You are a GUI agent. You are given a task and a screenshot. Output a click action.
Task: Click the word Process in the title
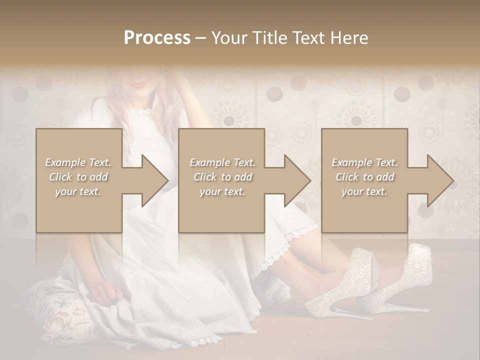(157, 38)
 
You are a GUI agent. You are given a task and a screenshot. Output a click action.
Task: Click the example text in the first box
(78, 177)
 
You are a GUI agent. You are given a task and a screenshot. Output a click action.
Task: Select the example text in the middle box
(222, 177)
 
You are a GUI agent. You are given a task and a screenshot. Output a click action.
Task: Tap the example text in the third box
(364, 177)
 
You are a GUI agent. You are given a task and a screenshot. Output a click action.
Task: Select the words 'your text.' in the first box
(78, 191)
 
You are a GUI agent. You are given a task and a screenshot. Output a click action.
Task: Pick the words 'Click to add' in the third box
(364, 177)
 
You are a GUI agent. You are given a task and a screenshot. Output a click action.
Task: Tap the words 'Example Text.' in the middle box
(222, 162)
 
